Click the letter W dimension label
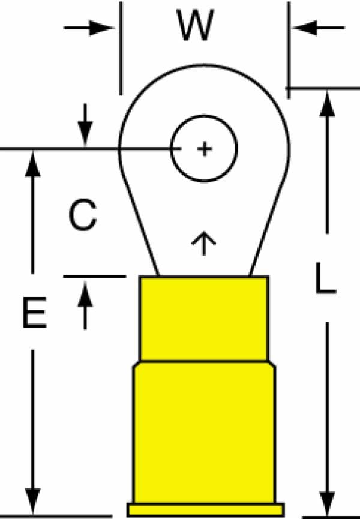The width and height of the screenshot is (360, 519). coord(195,25)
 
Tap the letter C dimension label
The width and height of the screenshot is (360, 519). coord(83,214)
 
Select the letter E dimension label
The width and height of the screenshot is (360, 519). coord(34,313)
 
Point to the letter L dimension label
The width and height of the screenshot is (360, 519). coord(325,278)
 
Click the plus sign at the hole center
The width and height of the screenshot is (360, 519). coord(204,149)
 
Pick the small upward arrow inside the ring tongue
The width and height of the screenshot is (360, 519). coord(203,243)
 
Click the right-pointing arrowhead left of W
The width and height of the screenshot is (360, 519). coord(101,28)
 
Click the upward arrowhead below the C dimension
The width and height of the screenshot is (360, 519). coord(85,293)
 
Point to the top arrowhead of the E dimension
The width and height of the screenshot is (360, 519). coord(32,164)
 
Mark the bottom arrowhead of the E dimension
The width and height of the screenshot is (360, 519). coord(32,500)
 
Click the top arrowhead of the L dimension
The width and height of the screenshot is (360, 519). coord(327,104)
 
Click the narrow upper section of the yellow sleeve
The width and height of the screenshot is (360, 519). coord(204,319)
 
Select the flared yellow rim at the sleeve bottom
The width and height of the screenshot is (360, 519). coord(205,510)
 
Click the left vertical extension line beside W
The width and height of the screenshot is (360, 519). coord(121,49)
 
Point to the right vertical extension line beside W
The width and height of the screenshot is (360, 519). coord(289,50)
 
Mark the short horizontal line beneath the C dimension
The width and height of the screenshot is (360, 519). coord(95,276)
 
